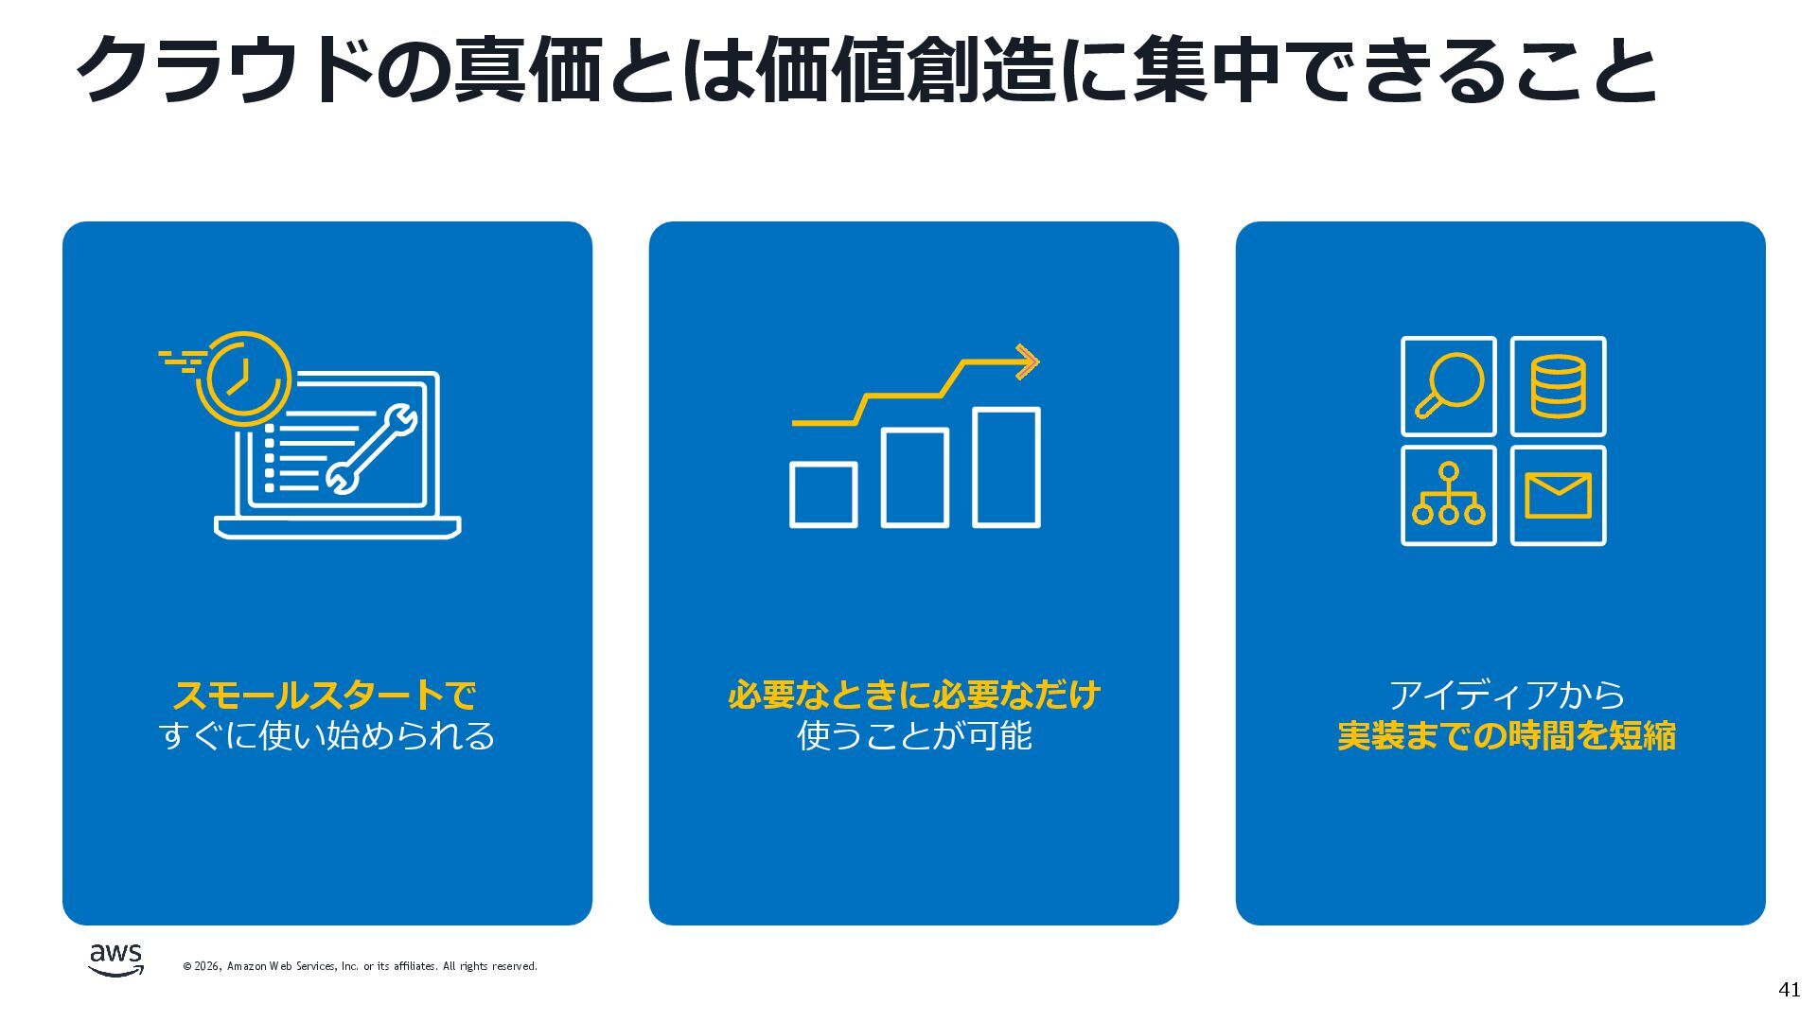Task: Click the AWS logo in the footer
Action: (115, 959)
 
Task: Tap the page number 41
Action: (1789, 990)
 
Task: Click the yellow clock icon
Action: (243, 377)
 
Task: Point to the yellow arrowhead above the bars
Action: (1028, 361)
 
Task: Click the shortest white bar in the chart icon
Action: (822, 494)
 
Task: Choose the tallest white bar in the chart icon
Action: (1006, 467)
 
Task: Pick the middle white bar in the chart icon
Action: (914, 477)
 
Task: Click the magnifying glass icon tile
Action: (1448, 385)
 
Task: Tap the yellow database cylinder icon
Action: (1558, 385)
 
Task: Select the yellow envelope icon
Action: (1558, 496)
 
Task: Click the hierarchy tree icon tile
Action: (1448, 496)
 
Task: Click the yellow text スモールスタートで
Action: (325, 696)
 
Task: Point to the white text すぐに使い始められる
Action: (326, 735)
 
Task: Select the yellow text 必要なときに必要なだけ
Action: (913, 696)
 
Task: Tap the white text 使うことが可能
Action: (913, 735)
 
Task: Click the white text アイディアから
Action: (1506, 696)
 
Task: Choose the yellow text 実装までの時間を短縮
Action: (1506, 735)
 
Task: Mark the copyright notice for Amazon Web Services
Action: (360, 966)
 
